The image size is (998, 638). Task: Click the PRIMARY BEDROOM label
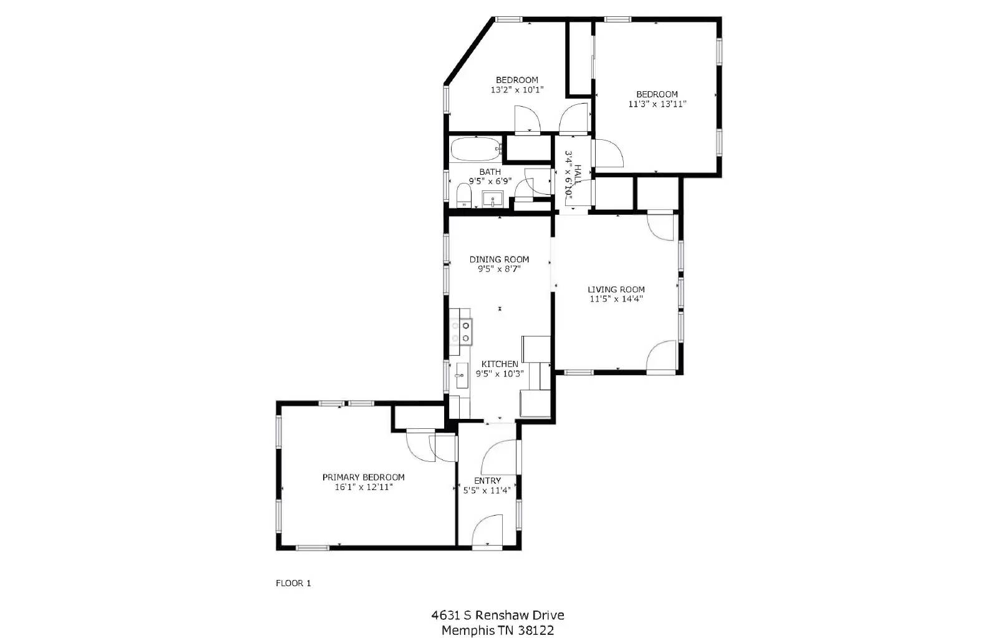click(x=363, y=477)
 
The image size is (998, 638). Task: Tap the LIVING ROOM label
click(x=616, y=290)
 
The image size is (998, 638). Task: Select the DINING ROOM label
click(x=499, y=260)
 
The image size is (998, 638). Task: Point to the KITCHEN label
click(x=500, y=364)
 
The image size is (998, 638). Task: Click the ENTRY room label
click(x=487, y=481)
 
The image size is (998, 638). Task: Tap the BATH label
click(x=490, y=172)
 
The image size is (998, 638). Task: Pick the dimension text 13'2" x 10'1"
click(x=517, y=90)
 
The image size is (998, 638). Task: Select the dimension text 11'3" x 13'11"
click(x=657, y=104)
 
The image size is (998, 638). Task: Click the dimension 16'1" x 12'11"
click(x=363, y=487)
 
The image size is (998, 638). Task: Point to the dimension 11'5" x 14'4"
click(x=616, y=299)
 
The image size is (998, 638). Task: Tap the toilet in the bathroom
click(x=463, y=195)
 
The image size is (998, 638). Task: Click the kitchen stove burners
click(x=461, y=331)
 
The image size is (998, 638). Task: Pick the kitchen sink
click(x=462, y=376)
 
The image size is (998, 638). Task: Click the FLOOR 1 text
click(x=293, y=584)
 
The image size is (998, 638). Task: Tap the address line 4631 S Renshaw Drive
click(x=498, y=616)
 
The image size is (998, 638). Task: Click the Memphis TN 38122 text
click(x=498, y=631)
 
